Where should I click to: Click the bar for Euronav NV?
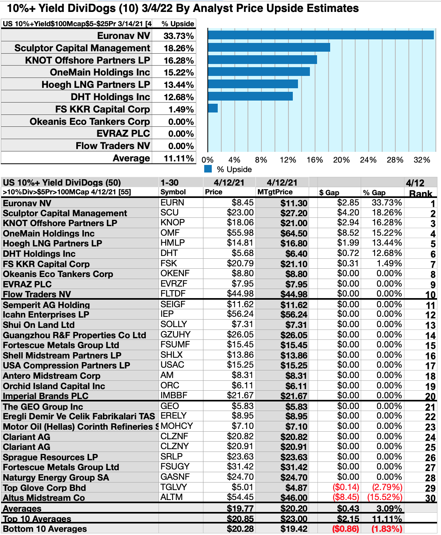[321, 35]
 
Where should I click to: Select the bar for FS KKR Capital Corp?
[213, 108]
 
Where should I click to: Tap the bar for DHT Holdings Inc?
[250, 96]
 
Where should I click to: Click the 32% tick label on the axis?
[422, 160]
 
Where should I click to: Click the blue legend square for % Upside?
[208, 169]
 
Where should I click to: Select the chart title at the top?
[183, 8]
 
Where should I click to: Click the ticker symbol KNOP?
[172, 223]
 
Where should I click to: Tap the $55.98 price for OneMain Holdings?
[240, 233]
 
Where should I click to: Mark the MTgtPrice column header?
[275, 192]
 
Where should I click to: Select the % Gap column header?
[374, 192]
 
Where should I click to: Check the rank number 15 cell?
[430, 346]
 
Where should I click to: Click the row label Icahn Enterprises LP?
[46, 314]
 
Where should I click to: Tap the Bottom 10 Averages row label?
[45, 529]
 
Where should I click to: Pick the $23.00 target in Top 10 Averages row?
[294, 519]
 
